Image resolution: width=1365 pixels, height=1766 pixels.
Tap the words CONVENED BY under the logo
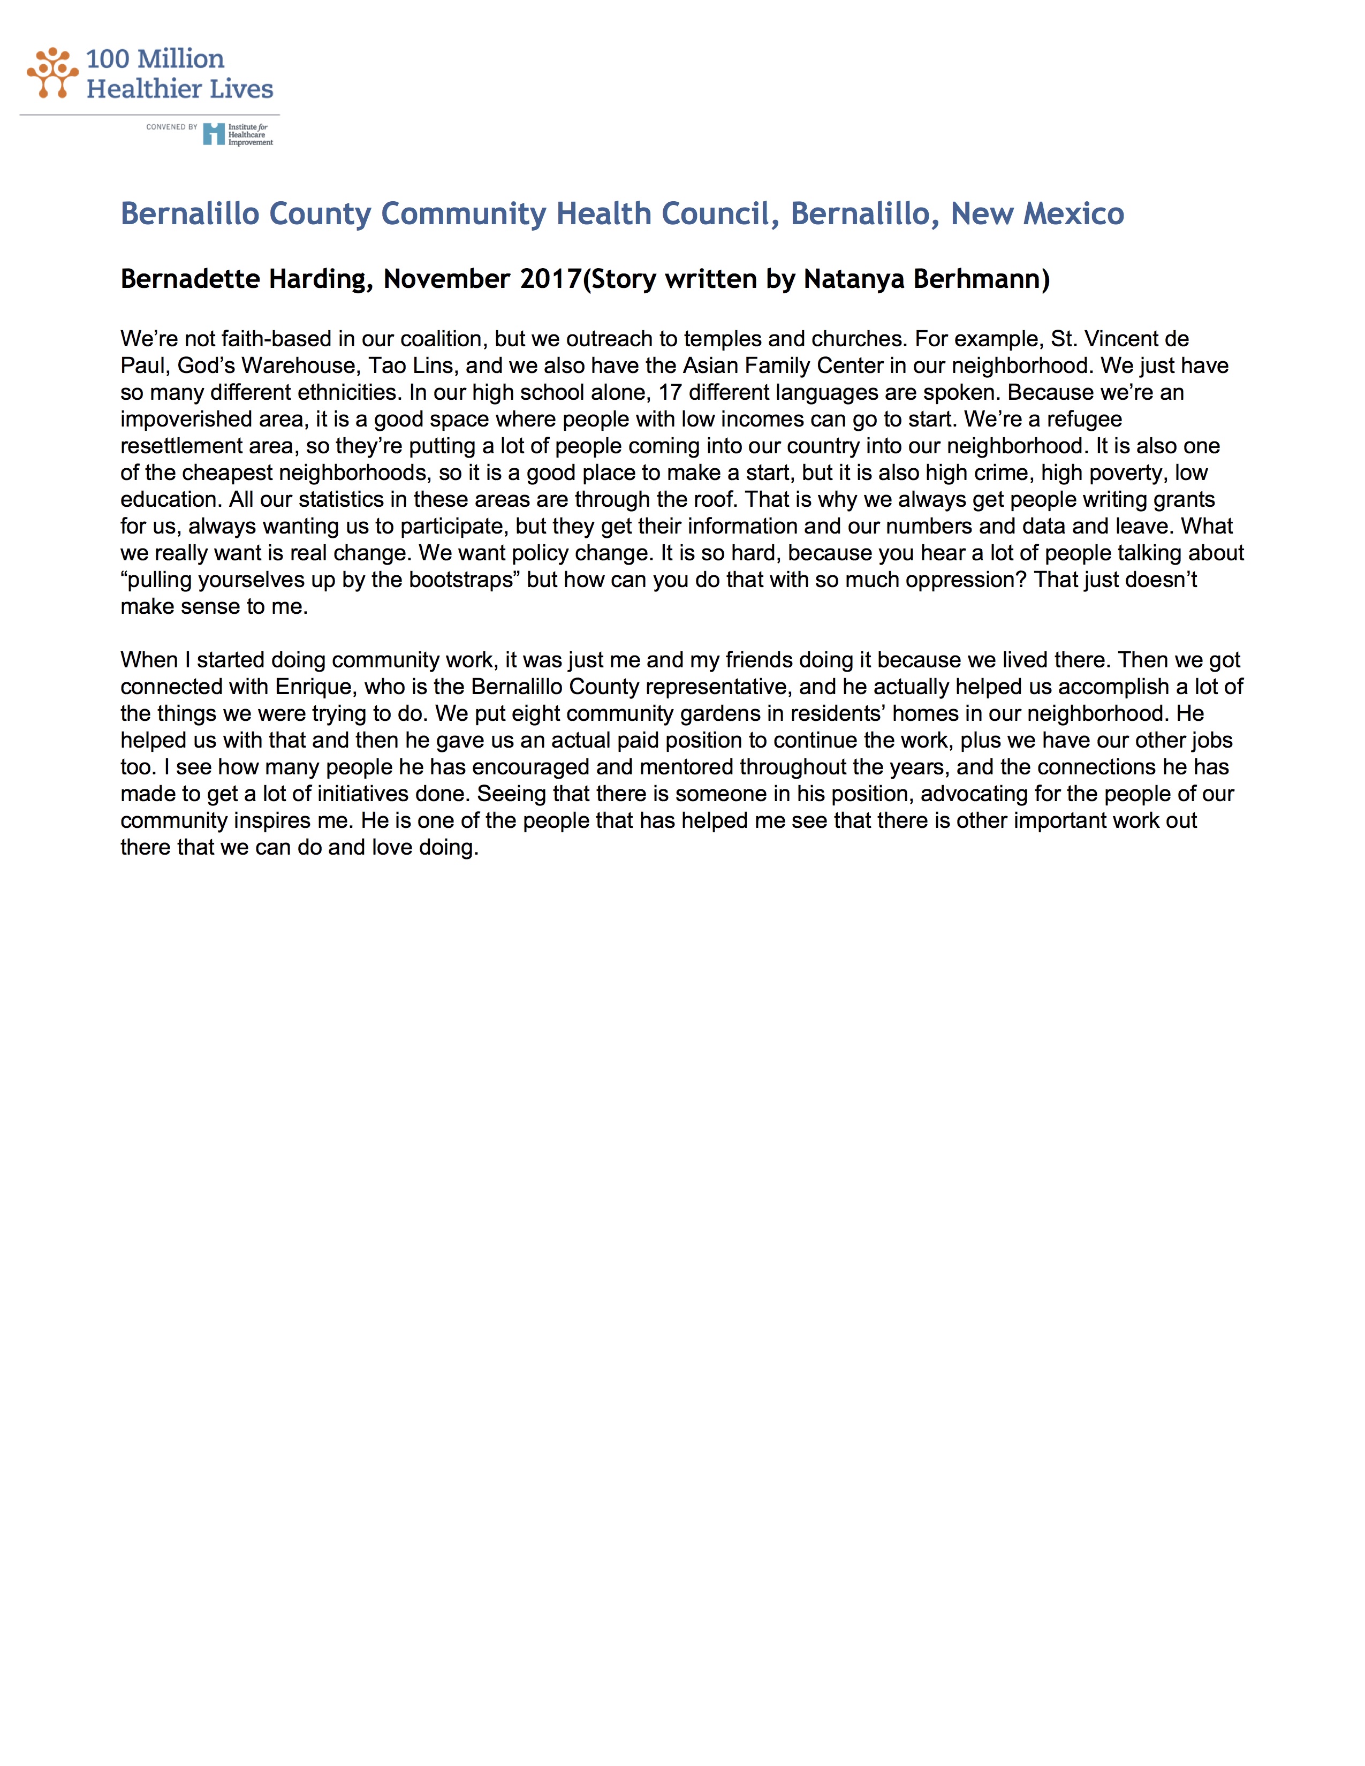click(x=171, y=127)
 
